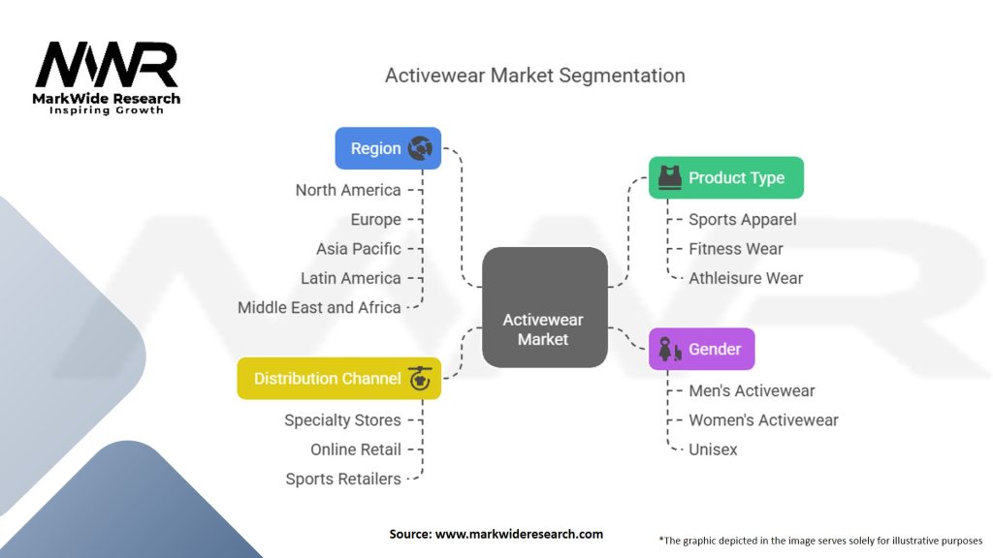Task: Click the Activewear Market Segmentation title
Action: coord(534,75)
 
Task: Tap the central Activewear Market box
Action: coord(544,307)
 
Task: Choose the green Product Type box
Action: coord(725,177)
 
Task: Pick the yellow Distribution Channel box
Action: coord(338,379)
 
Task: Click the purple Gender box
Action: coord(701,349)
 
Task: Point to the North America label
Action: coord(348,190)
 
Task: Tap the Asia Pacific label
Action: coord(359,249)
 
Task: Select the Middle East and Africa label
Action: coord(319,307)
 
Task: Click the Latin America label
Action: coord(351,278)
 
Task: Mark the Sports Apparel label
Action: coord(743,220)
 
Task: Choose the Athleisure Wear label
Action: coord(746,278)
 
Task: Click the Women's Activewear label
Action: coord(763,420)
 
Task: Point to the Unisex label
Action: coord(713,449)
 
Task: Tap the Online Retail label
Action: coord(356,449)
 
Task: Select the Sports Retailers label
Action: coord(343,479)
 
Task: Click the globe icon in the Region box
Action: coord(420,148)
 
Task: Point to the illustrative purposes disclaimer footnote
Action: coord(820,541)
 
